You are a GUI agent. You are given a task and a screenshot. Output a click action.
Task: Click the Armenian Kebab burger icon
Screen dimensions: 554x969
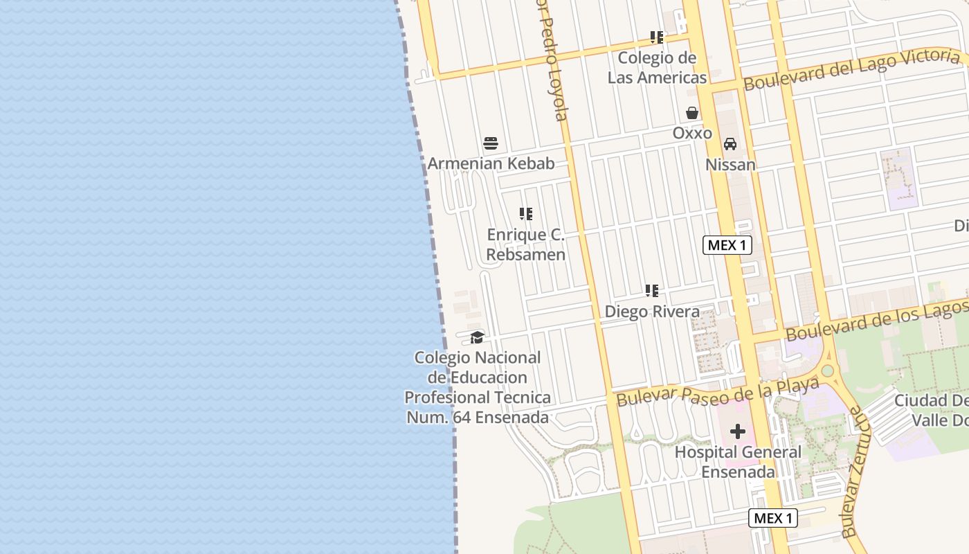click(x=491, y=143)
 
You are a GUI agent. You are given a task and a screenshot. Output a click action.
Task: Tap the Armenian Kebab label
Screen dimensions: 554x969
click(x=491, y=164)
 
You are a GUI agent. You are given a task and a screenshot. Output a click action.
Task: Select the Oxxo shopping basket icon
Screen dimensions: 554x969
click(x=691, y=113)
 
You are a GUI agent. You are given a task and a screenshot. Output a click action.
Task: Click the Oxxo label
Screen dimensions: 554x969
click(x=691, y=133)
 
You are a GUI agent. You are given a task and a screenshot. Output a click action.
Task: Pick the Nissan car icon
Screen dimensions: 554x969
click(x=730, y=144)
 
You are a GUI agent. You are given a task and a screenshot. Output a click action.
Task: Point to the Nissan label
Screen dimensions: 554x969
click(x=730, y=165)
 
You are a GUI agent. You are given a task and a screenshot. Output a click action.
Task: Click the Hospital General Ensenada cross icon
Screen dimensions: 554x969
click(x=738, y=431)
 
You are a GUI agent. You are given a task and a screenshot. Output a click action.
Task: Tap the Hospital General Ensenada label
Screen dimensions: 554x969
click(x=738, y=462)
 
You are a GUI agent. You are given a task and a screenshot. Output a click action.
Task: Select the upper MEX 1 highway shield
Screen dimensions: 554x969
click(x=727, y=245)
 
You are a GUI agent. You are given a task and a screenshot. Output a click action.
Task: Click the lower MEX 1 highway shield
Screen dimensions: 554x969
click(x=772, y=518)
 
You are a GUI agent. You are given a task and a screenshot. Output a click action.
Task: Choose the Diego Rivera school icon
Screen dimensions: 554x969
click(x=652, y=291)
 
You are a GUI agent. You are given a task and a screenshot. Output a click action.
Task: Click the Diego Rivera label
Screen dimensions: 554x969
click(x=652, y=312)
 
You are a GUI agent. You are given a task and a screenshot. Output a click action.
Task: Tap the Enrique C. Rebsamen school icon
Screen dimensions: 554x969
click(x=526, y=214)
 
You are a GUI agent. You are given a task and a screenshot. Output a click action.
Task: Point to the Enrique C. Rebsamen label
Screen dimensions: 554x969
click(x=526, y=244)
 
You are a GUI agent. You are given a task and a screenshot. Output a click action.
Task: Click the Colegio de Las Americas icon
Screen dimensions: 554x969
click(x=657, y=37)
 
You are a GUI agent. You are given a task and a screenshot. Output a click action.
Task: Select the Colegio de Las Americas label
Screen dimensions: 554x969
click(x=657, y=67)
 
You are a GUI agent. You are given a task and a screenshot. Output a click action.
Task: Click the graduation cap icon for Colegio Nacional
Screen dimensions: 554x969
click(x=477, y=337)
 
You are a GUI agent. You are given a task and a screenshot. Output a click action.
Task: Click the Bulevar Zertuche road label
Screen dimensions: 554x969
click(x=854, y=473)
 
